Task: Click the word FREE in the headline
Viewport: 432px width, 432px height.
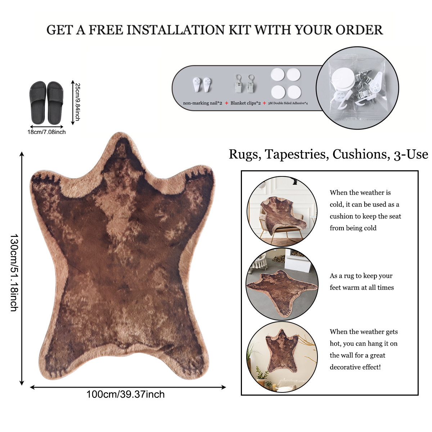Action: (106, 30)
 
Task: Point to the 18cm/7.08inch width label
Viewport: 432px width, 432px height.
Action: (46, 132)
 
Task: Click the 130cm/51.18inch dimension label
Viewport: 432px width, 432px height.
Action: (14, 273)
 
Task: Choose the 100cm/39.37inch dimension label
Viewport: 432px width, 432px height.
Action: (125, 394)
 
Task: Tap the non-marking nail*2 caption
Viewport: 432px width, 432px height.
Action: (202, 103)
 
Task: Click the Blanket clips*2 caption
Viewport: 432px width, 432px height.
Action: (246, 103)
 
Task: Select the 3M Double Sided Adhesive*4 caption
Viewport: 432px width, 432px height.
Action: (288, 103)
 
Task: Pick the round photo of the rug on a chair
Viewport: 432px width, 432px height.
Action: (282, 211)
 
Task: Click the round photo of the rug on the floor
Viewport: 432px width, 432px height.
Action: (282, 284)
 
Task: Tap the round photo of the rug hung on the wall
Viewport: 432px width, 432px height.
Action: (282, 357)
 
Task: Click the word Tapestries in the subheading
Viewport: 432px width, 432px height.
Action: (296, 154)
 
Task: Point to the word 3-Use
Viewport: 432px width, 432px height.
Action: (411, 154)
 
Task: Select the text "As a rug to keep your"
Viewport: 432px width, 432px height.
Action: (361, 276)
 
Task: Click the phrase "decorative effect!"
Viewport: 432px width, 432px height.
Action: (355, 367)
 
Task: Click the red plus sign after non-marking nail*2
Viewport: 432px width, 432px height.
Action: (226, 103)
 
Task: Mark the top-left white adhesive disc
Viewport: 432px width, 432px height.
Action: (278, 75)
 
